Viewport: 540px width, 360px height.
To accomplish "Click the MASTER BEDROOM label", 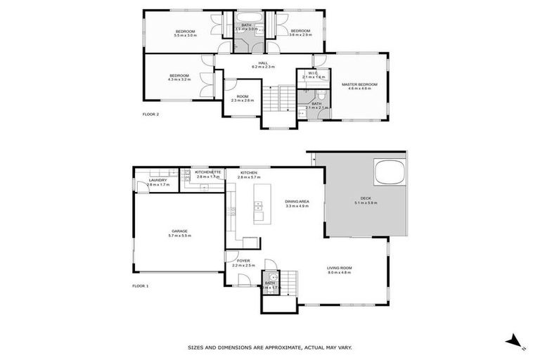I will (x=359, y=84).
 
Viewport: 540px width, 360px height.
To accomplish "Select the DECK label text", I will (x=364, y=199).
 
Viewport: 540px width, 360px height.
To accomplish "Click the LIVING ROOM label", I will (x=339, y=268).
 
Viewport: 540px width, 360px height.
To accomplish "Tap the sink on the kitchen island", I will (x=258, y=207).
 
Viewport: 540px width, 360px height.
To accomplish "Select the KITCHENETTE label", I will (x=208, y=172).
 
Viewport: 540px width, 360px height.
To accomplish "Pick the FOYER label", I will (x=243, y=261).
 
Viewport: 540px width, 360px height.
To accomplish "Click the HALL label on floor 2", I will (x=263, y=63).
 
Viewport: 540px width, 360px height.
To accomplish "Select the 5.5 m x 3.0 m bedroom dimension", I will (x=184, y=35).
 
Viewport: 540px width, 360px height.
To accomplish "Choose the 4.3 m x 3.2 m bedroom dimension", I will (x=179, y=79).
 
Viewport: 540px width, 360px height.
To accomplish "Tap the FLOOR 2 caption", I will (x=151, y=114).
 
